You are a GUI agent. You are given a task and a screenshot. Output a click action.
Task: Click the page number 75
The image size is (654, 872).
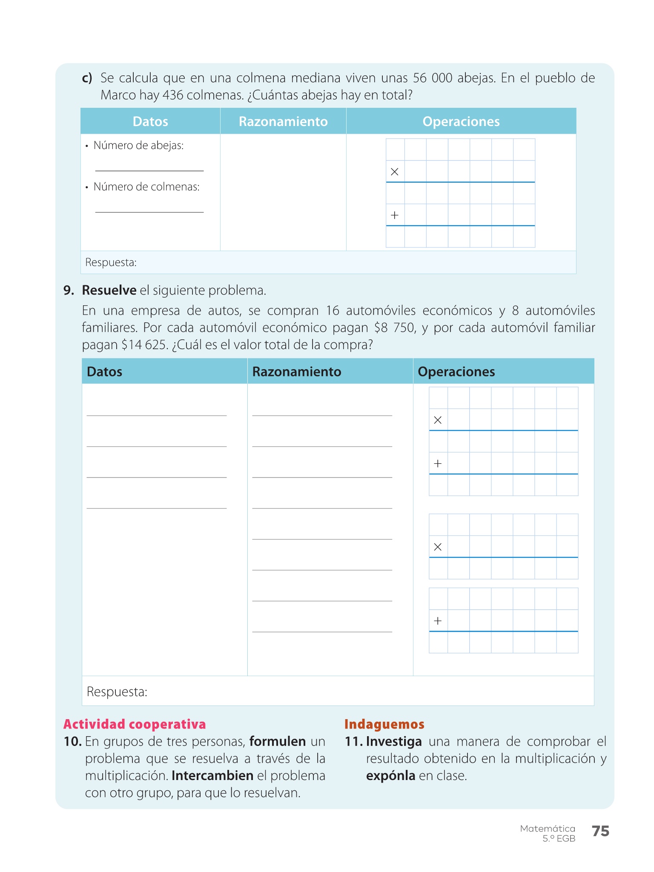600,831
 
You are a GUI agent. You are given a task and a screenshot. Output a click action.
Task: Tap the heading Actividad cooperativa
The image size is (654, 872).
135,724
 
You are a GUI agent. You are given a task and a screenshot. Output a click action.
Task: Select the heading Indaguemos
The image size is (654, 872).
384,724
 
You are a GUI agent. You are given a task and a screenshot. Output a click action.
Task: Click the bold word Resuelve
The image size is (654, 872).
109,290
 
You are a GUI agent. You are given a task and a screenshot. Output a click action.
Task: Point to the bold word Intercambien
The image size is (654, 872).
212,776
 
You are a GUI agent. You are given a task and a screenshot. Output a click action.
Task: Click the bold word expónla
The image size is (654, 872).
390,776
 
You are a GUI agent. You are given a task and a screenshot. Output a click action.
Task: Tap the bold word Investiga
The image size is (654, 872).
394,742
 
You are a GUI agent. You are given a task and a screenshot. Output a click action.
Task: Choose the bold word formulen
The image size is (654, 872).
277,742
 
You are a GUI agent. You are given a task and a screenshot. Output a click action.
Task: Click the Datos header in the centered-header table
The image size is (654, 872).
150,122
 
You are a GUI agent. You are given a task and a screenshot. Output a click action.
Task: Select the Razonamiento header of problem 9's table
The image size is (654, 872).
297,372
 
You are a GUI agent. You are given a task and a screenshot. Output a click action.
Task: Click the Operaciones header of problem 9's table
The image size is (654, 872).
456,372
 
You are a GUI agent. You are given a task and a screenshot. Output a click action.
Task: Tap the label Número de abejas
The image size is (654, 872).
138,146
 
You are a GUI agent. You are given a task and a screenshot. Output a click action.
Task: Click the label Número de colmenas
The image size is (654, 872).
146,187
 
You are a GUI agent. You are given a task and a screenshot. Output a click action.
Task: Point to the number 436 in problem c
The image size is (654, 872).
172,95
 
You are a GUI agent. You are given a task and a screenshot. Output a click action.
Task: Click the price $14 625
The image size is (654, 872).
144,345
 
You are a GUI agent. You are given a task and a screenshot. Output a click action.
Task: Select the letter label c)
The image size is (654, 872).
87,78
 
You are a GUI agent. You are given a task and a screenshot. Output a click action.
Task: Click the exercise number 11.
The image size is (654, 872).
353,742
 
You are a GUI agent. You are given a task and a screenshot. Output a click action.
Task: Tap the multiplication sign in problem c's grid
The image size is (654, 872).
395,172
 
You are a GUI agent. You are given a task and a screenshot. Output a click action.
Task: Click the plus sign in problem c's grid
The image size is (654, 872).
395,215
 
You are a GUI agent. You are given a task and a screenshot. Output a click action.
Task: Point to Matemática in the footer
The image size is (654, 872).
547,829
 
